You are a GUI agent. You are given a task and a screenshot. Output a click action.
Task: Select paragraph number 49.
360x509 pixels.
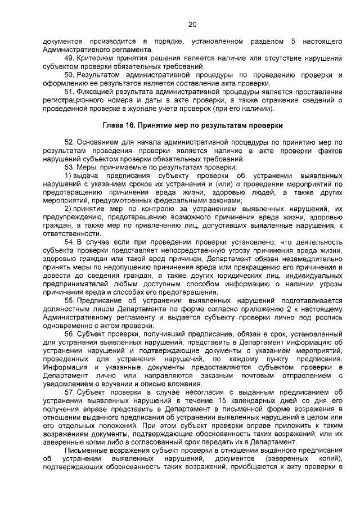(x=70, y=58)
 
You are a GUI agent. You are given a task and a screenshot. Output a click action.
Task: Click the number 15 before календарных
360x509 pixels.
(x=215, y=400)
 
